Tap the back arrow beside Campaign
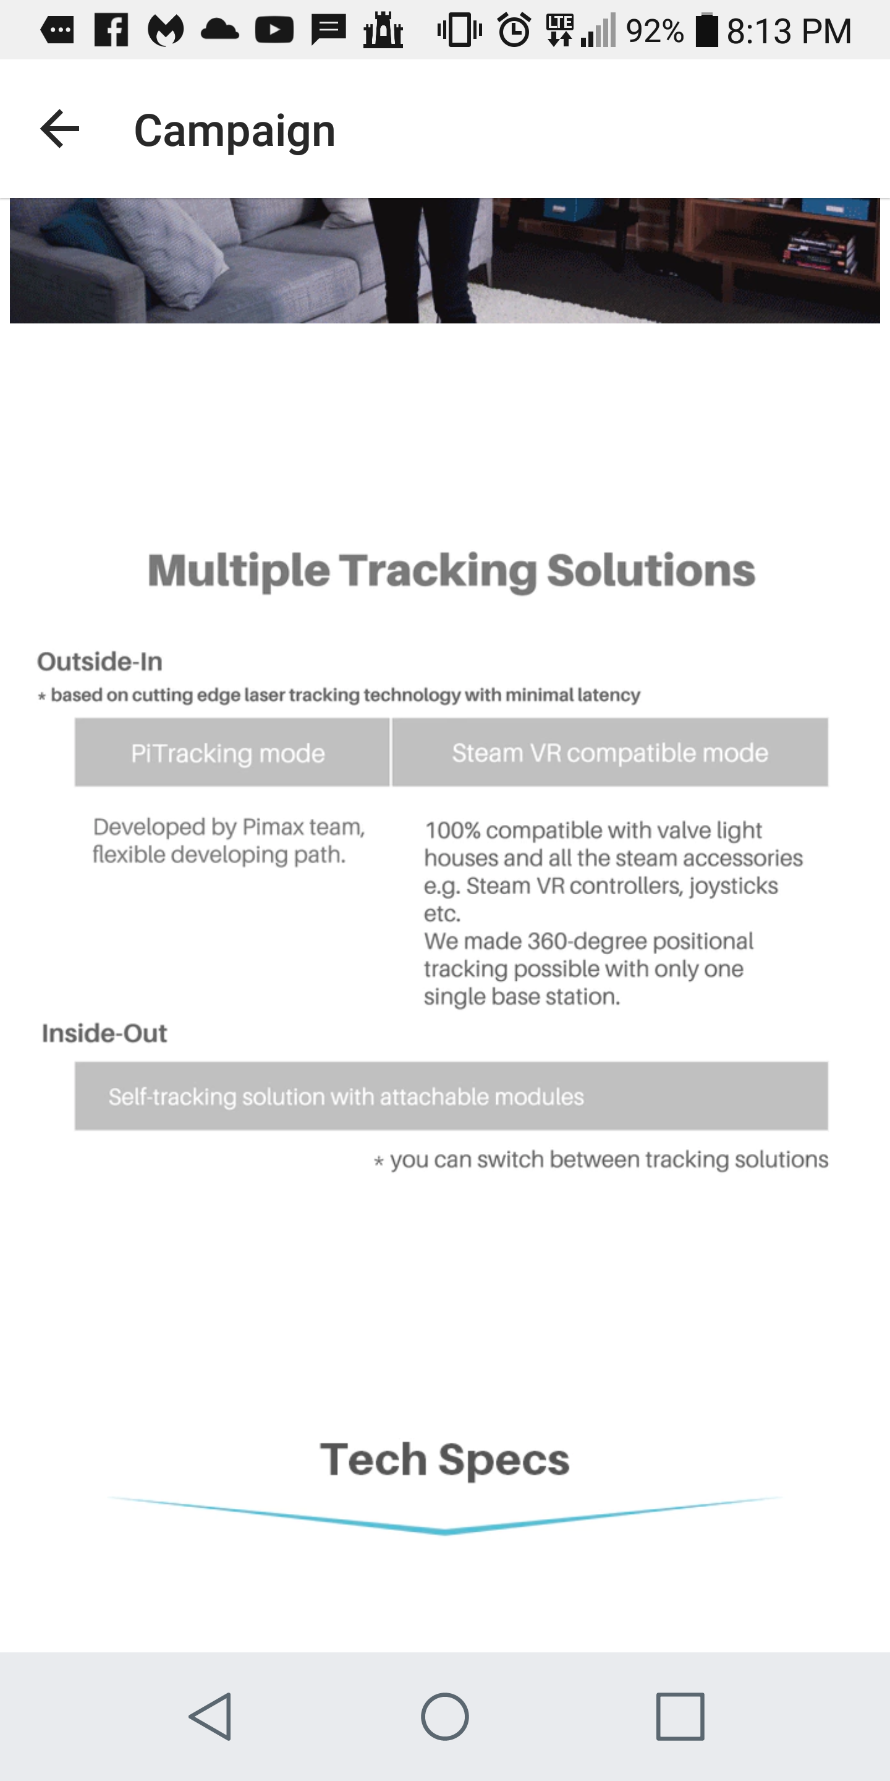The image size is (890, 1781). pos(60,129)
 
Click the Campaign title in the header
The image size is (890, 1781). pos(235,130)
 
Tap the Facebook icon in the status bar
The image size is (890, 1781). pos(111,30)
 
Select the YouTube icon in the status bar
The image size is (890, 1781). pos(274,30)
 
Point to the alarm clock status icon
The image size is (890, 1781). pos(514,30)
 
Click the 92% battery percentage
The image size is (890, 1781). pos(655,31)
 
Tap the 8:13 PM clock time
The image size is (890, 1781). pos(789,31)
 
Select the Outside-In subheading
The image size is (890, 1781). pos(100,662)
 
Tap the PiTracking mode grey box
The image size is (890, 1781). pos(232,752)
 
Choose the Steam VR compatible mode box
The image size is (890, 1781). pos(610,752)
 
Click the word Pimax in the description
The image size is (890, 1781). pos(273,827)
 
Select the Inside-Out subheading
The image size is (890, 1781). pos(104,1033)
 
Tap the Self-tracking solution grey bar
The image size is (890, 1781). pos(451,1096)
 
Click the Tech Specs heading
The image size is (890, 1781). pos(445,1459)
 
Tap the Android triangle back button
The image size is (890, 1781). pos(211,1716)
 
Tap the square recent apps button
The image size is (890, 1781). pos(680,1716)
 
